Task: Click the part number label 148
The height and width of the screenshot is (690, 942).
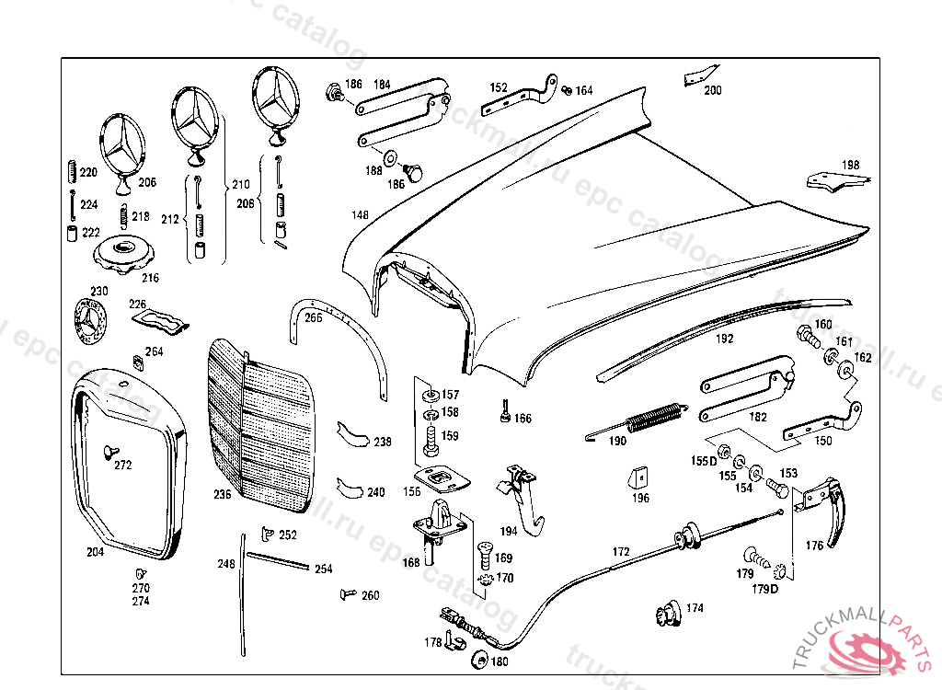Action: (359, 215)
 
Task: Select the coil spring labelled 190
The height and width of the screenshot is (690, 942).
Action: (655, 420)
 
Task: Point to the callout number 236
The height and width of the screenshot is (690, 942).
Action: (223, 494)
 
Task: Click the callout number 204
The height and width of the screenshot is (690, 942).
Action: (95, 553)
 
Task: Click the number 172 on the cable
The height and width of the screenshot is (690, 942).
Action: (622, 552)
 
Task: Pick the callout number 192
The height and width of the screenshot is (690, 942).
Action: (725, 339)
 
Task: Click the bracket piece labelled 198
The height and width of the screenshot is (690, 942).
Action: (833, 179)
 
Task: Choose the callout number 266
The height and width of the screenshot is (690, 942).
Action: (313, 318)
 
